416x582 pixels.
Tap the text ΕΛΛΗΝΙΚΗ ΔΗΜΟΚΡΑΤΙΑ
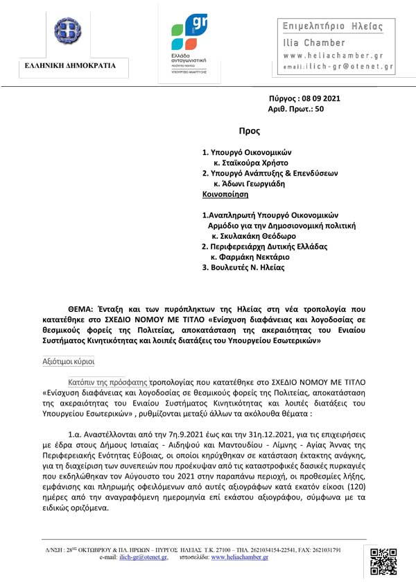point(66,66)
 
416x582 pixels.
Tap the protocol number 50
point(319,109)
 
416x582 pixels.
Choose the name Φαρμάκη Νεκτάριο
point(257,257)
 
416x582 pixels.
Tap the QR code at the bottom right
point(383,561)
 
